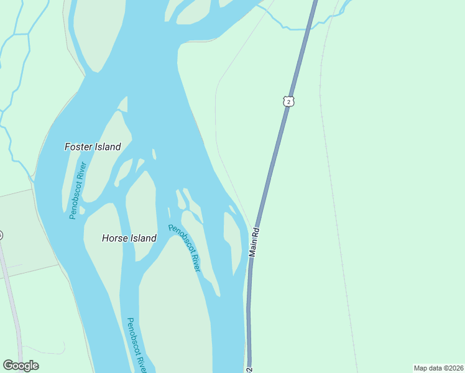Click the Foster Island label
coord(93,147)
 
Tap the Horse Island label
coord(129,238)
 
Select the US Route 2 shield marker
coord(287,101)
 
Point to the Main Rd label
coord(254,241)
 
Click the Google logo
coord(21,366)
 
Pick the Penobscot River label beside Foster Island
coord(77,190)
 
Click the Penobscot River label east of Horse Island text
coord(185,247)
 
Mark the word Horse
coord(114,238)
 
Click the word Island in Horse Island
coord(143,238)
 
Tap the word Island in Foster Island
coord(108,147)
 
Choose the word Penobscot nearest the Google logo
coord(132,333)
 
